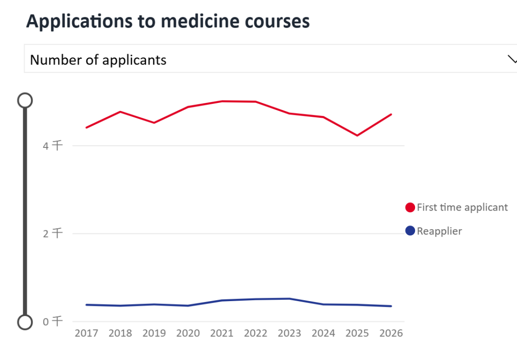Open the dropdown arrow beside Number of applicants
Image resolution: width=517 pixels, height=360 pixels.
pyautogui.click(x=511, y=59)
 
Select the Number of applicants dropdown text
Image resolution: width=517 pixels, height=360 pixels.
pyautogui.click(x=98, y=60)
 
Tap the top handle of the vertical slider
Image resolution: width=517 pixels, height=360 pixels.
pyautogui.click(x=25, y=101)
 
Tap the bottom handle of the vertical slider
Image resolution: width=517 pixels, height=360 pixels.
pyautogui.click(x=25, y=322)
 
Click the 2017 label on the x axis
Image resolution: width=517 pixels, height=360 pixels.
pyautogui.click(x=87, y=333)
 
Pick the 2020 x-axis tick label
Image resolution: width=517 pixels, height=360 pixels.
pyautogui.click(x=188, y=333)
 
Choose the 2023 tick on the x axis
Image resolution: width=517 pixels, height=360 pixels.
pyautogui.click(x=290, y=333)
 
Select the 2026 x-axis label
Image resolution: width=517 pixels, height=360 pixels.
pyautogui.click(x=391, y=333)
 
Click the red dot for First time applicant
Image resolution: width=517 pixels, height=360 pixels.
pyautogui.click(x=410, y=207)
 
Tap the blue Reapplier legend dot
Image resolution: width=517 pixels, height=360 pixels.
pyautogui.click(x=410, y=231)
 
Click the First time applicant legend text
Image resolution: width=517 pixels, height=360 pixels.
pyautogui.click(x=462, y=207)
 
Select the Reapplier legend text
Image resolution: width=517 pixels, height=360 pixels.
pyautogui.click(x=439, y=231)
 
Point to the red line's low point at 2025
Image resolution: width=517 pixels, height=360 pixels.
pyautogui.click(x=357, y=135)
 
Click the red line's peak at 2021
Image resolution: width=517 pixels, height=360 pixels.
pyautogui.click(x=222, y=101)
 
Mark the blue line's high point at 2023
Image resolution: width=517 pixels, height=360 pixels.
pyautogui.click(x=290, y=299)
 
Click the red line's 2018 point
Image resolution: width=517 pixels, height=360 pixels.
pyautogui.click(x=121, y=112)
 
